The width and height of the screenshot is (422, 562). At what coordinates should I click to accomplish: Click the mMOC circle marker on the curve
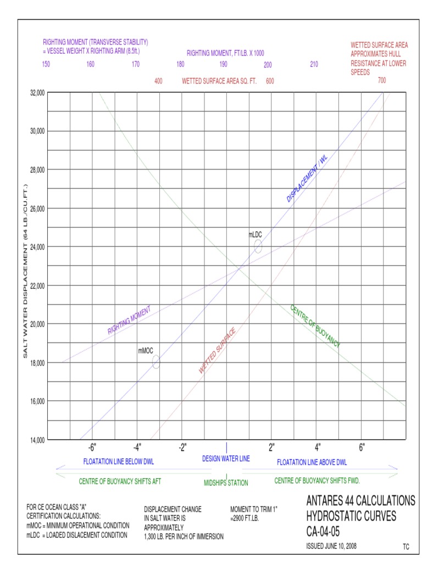tap(156, 362)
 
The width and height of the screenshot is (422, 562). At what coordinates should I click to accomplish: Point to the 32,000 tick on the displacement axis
tap(37, 93)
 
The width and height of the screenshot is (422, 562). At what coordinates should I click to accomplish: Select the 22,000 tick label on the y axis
tap(37, 285)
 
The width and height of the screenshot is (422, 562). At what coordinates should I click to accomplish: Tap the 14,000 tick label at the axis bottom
tap(37, 440)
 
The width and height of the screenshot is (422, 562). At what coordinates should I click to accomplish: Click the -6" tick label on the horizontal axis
tap(92, 447)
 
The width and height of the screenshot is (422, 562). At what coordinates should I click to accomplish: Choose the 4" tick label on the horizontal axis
tap(318, 447)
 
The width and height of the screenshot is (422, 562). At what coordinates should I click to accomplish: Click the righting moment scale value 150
tap(46, 64)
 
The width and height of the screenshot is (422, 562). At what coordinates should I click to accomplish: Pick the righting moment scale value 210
tap(314, 64)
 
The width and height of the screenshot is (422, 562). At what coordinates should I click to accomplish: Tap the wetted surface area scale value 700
tap(382, 81)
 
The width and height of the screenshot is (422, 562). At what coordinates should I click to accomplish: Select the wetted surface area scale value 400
tap(158, 81)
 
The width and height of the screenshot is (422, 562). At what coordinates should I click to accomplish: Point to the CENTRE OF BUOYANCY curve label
tap(315, 326)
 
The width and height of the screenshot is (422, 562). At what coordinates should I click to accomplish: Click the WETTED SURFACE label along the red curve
tap(218, 351)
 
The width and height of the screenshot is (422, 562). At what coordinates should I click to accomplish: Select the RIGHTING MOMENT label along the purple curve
tap(129, 321)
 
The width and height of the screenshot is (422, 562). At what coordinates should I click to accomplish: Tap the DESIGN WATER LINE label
tap(226, 459)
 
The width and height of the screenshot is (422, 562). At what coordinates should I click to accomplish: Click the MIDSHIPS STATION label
tap(226, 483)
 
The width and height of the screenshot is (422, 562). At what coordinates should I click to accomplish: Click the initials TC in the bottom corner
tap(406, 547)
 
